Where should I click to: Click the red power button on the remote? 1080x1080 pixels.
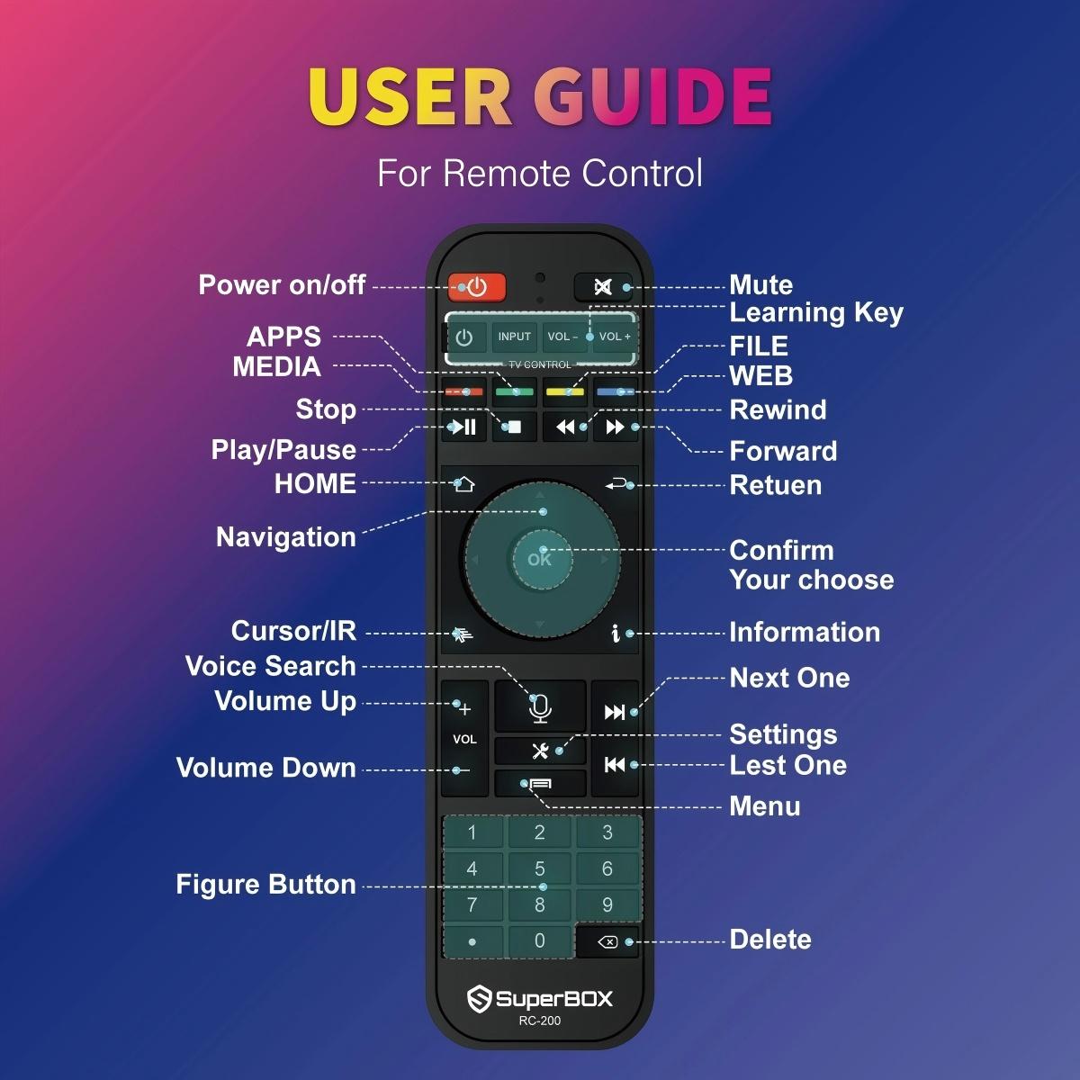(x=477, y=287)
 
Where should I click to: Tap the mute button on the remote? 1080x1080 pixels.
(x=603, y=287)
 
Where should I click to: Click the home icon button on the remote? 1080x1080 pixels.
(x=463, y=484)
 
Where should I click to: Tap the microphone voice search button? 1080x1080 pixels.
(x=540, y=707)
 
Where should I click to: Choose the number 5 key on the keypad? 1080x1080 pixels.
(x=540, y=868)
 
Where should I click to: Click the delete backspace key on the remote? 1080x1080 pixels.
(x=607, y=942)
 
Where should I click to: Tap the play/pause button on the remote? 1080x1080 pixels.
(x=464, y=427)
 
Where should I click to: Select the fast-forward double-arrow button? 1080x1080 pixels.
(x=616, y=427)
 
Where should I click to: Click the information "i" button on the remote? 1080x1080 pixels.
(x=616, y=634)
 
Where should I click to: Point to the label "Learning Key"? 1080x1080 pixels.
(x=815, y=313)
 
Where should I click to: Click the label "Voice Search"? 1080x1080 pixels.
(x=270, y=666)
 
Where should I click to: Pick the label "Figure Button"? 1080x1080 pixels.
(x=265, y=884)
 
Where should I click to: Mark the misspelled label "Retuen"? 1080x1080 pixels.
(x=775, y=485)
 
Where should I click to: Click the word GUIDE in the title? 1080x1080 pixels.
(x=652, y=96)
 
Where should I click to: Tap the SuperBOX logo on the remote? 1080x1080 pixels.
(x=540, y=998)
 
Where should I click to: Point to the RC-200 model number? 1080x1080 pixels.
(x=540, y=1021)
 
